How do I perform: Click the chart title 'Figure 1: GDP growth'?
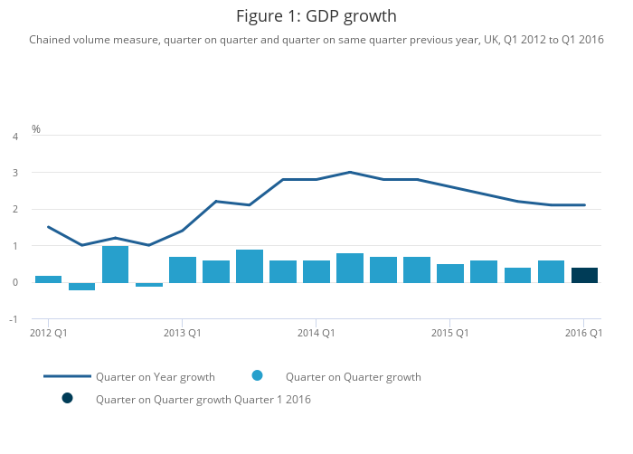(x=316, y=16)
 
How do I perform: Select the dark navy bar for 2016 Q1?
(x=584, y=275)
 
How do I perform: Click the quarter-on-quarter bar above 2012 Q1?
(x=48, y=279)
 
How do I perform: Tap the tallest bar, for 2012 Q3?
(x=115, y=264)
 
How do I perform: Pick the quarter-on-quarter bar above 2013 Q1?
(x=182, y=270)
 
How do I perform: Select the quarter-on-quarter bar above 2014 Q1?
(x=316, y=271)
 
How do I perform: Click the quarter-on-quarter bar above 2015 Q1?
(x=449, y=273)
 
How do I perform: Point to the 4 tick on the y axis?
(x=14, y=137)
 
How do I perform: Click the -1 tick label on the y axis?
(x=14, y=319)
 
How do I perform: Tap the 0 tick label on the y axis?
(x=14, y=283)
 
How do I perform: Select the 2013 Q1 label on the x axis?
(x=182, y=334)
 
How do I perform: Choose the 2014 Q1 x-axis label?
(x=316, y=334)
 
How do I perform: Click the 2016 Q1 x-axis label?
(x=583, y=334)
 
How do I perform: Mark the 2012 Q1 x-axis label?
(x=48, y=334)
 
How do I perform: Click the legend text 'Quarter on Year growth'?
(x=156, y=377)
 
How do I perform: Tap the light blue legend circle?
(x=257, y=376)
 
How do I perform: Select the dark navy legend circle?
(x=67, y=399)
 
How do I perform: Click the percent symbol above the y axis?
(x=36, y=129)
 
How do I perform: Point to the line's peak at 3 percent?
(x=349, y=172)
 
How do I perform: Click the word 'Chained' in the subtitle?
(x=51, y=40)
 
